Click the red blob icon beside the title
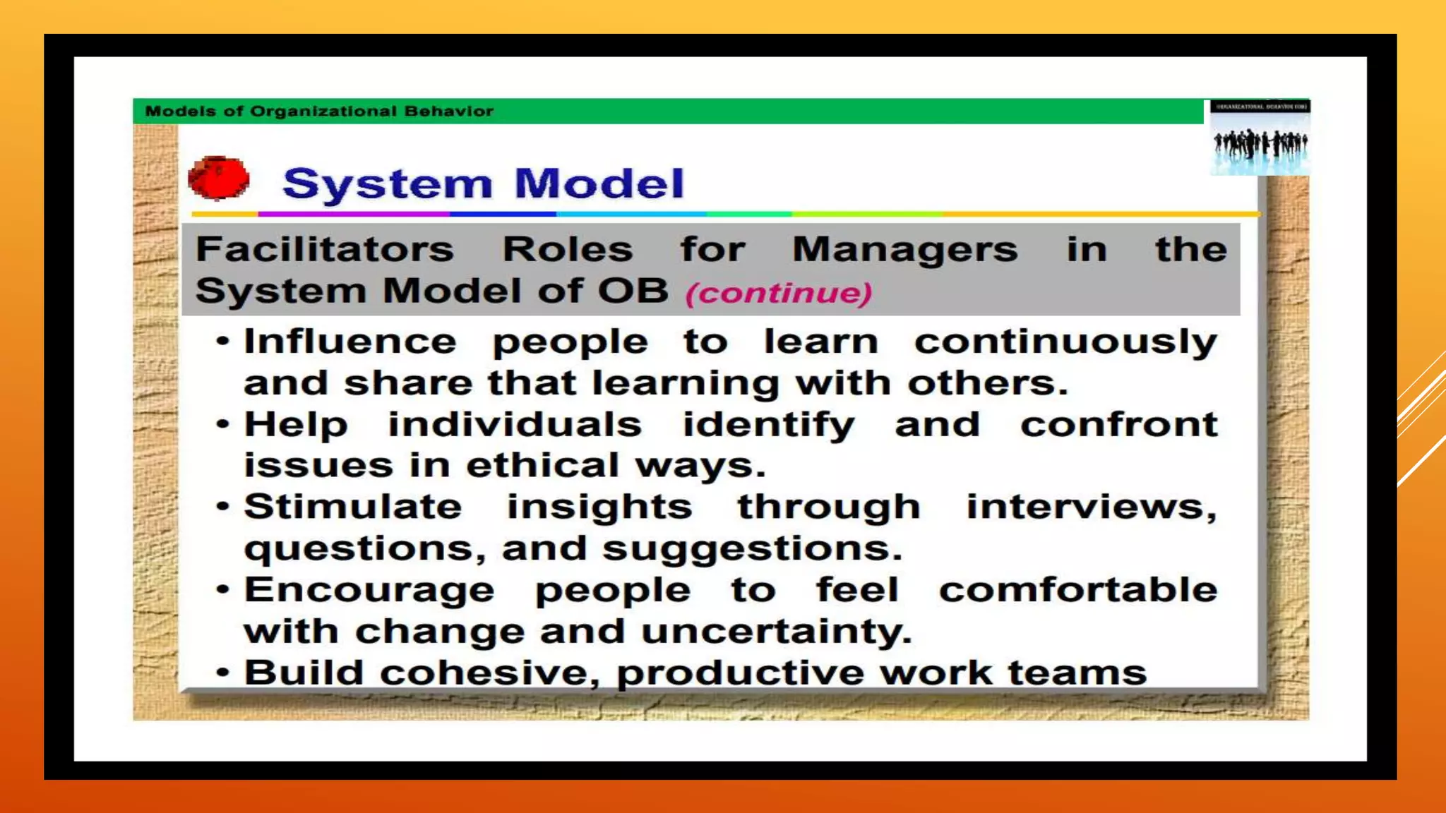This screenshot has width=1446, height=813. pos(219,178)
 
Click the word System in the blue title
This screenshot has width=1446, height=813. pos(387,185)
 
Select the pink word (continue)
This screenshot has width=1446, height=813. pos(779,293)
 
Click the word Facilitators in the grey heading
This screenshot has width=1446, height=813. pos(325,249)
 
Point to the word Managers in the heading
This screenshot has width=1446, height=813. pos(904,249)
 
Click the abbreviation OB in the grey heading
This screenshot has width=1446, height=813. pos(633,290)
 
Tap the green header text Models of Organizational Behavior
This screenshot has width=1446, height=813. pos(319,112)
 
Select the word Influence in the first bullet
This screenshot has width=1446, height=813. pos(350,342)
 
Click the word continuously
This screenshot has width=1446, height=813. pos(1065,343)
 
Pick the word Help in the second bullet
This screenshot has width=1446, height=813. pos(296,425)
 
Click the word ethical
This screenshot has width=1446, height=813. pos(542,465)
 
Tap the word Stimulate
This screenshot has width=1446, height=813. pos(353,507)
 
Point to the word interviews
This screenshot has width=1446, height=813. pos(1090,507)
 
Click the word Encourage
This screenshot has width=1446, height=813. pos(369,591)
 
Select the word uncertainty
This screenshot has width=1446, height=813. pos(776,631)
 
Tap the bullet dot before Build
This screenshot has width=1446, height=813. pos(223,673)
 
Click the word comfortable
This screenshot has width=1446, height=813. pos(1077,589)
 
